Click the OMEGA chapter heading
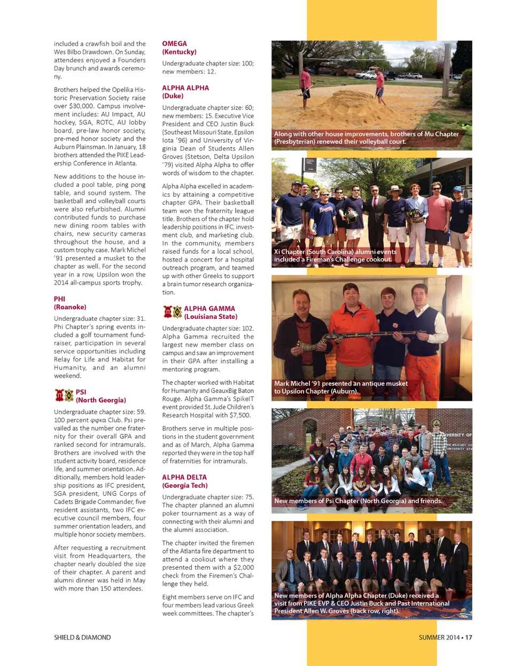pos(175,44)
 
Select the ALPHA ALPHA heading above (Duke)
pos(185,88)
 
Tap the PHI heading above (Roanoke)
pos(59,299)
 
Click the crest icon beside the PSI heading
pos(64,396)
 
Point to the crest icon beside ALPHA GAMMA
pos(172,312)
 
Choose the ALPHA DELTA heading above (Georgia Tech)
pos(184,477)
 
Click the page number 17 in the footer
pos(468,637)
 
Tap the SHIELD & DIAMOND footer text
pos(82,637)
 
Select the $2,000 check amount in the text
pos(244,568)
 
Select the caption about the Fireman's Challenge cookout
pos(335,256)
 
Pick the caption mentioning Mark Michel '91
pos(340,387)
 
